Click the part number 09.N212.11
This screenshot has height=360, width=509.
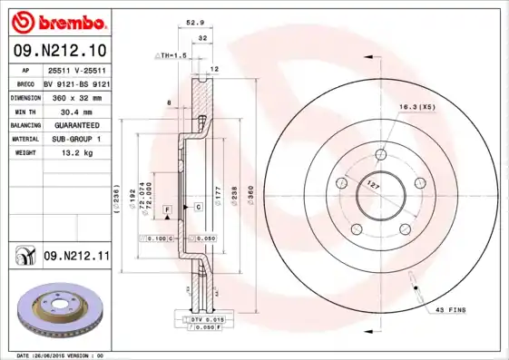tap(76, 258)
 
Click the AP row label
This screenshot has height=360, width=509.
tap(23, 68)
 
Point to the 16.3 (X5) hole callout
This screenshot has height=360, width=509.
tap(416, 107)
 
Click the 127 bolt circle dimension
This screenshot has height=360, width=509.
tap(371, 185)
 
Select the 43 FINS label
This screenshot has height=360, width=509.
tap(451, 310)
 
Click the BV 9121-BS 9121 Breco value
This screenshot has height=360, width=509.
tap(76, 82)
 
